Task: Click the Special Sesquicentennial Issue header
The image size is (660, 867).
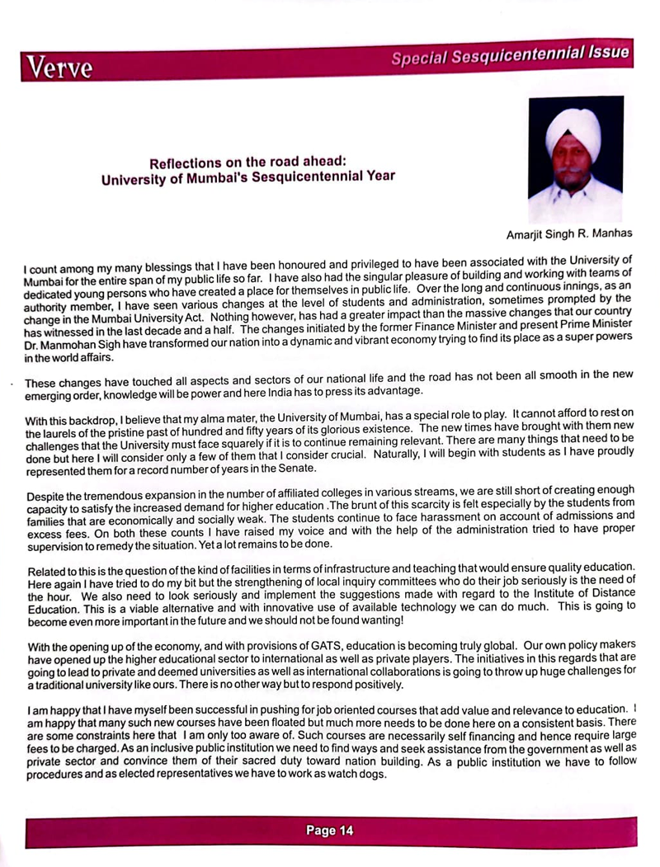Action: [511, 55]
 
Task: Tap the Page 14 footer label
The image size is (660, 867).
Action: [330, 831]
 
